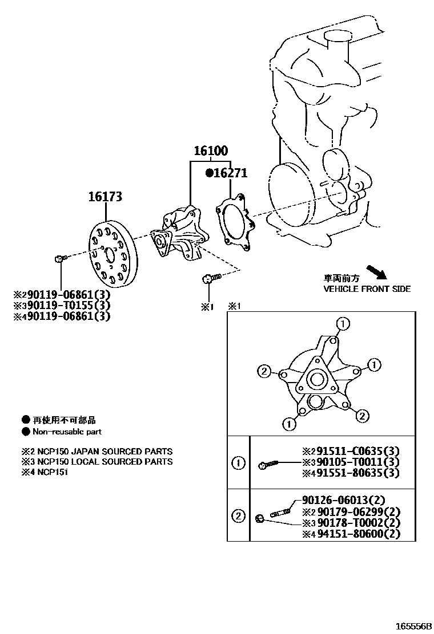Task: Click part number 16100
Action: [211, 151]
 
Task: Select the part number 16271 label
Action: [230, 173]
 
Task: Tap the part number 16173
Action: [105, 197]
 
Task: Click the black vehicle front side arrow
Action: [376, 271]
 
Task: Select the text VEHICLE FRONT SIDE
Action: [367, 289]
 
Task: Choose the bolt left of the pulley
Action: [61, 259]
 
